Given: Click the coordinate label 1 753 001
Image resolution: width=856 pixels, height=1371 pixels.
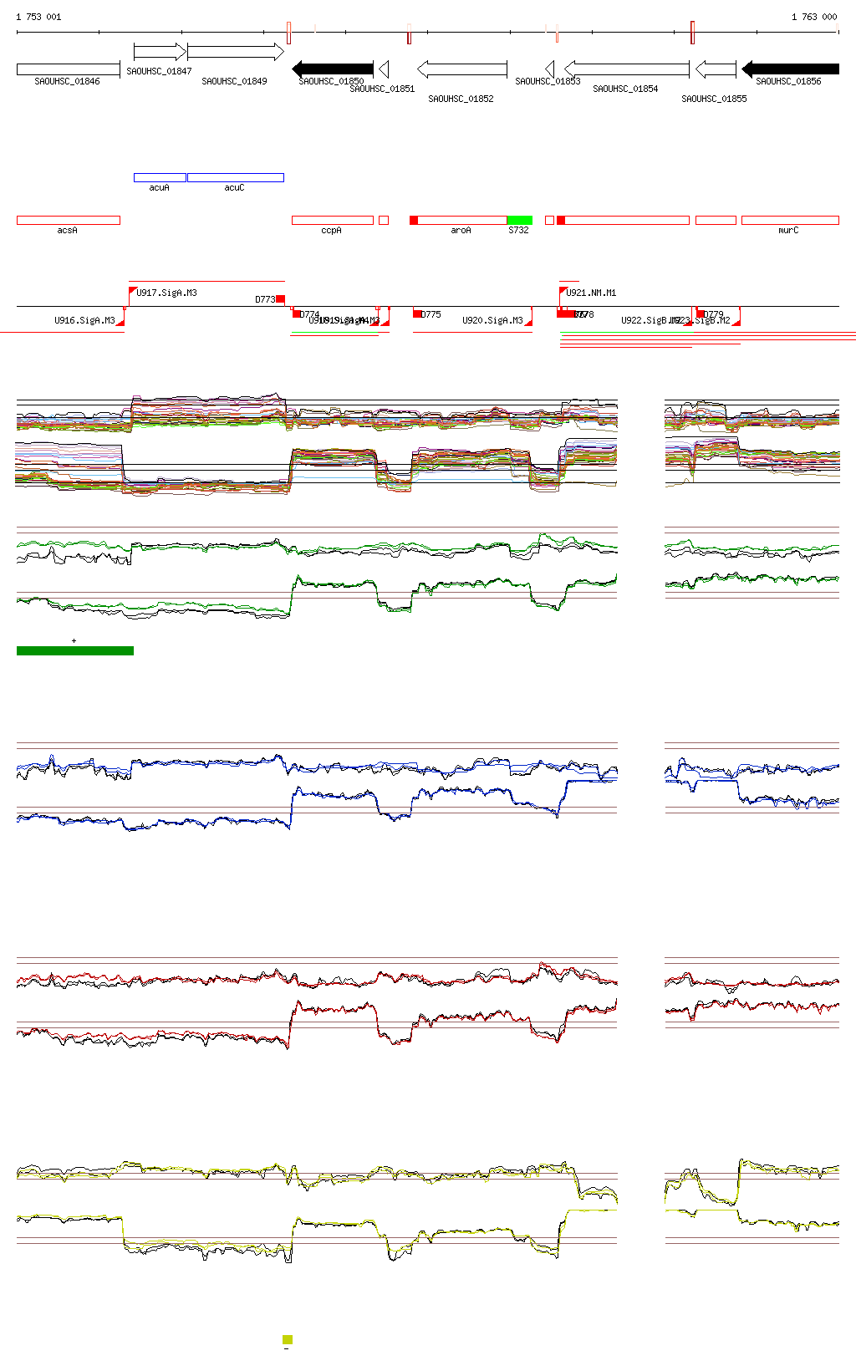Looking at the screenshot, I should coord(38,17).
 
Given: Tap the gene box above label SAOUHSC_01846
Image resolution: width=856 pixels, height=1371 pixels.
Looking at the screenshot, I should coord(69,69).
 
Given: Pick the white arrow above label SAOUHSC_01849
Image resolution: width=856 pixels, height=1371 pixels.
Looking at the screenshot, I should coord(235,52).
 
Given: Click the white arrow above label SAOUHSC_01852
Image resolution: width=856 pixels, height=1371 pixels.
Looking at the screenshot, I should coord(461,69).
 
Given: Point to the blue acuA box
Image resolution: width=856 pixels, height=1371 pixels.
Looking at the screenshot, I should coord(160,177).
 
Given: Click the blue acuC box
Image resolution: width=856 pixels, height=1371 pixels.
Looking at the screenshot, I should coord(235,177).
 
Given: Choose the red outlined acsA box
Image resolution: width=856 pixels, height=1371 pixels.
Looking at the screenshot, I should coord(69,221).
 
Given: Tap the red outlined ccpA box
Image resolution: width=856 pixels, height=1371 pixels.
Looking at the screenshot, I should coord(332,221).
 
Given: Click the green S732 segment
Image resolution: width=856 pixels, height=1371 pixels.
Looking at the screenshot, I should coord(519,221).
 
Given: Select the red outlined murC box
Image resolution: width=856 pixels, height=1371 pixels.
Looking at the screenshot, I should coord(790,221).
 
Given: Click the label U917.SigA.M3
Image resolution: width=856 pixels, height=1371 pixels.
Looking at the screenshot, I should coord(167,293).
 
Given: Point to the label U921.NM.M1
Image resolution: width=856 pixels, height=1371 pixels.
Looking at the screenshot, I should coord(591,293).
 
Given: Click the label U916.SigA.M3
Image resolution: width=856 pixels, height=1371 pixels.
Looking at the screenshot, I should coord(84,320).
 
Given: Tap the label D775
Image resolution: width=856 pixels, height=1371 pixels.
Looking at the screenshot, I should coord(431,314).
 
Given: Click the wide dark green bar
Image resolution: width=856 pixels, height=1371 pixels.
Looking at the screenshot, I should coord(75,650).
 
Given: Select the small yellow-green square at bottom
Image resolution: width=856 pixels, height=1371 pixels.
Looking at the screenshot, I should coord(288,1339).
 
